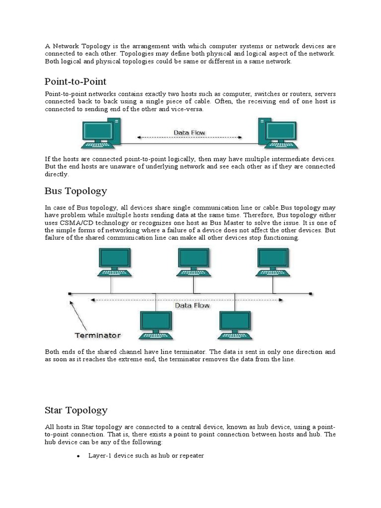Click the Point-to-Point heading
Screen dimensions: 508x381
(75, 81)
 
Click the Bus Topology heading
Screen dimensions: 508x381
(75, 191)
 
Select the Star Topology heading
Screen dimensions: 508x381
(76, 410)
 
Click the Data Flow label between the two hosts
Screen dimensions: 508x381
(189, 132)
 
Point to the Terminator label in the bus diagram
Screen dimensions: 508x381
(97, 334)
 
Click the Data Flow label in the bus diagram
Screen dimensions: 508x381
(192, 306)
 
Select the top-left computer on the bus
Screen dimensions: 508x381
(115, 261)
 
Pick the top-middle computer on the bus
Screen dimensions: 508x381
(193, 261)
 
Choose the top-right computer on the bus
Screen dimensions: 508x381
(273, 261)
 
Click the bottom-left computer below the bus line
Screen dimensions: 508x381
(155, 325)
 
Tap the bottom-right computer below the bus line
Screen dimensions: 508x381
(235, 325)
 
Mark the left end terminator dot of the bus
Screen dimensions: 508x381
(69, 293)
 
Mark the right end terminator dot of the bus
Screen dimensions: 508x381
(311, 293)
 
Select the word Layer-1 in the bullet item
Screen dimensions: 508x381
(100, 455)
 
